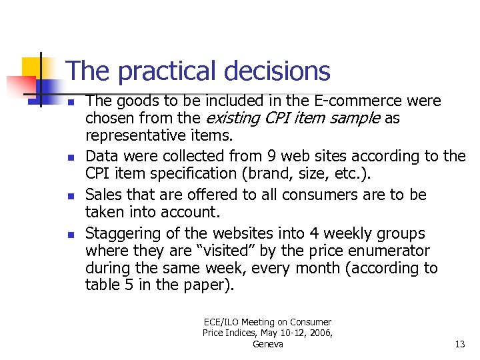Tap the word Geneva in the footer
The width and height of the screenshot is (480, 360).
(x=267, y=344)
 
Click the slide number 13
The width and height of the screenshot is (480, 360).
(x=459, y=344)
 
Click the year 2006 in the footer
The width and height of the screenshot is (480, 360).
(x=320, y=333)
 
